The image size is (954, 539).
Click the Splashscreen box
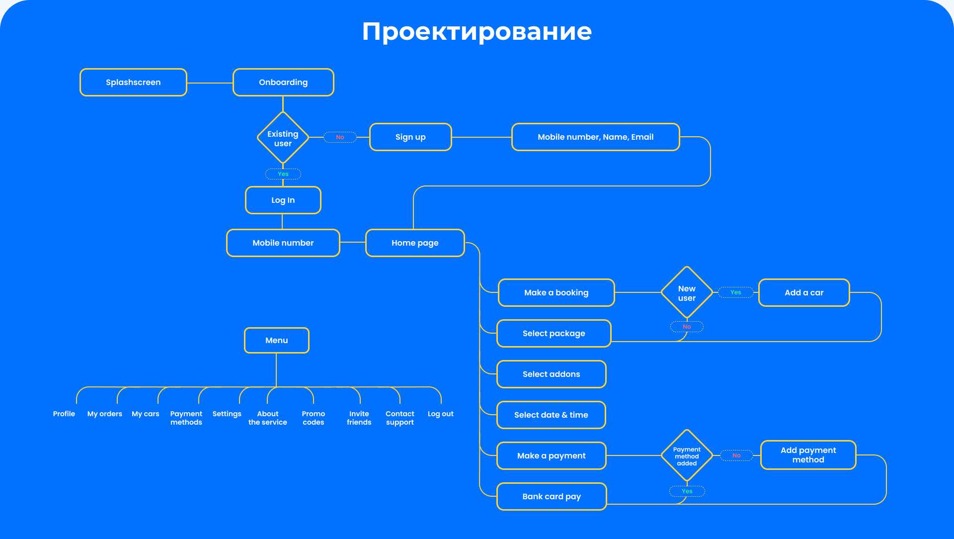click(133, 83)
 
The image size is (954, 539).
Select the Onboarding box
click(283, 83)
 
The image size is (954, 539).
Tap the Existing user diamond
click(283, 138)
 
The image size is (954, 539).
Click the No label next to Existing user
click(340, 137)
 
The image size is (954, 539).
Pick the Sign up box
click(410, 137)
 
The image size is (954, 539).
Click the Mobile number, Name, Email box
click(595, 137)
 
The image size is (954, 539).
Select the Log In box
click(283, 200)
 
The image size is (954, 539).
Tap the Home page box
click(415, 243)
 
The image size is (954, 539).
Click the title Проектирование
click(477, 31)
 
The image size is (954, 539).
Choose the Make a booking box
click(556, 293)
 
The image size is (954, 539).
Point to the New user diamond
click(687, 293)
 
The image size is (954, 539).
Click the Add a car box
click(804, 293)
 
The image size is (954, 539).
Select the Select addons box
click(551, 374)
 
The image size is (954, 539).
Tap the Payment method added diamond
click(687, 456)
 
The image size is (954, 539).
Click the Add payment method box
click(808, 455)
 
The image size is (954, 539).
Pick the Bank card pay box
click(552, 497)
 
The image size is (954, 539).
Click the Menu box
click(277, 341)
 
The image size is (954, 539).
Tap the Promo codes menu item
click(313, 418)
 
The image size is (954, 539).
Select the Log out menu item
click(440, 414)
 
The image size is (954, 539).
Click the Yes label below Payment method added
click(687, 491)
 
